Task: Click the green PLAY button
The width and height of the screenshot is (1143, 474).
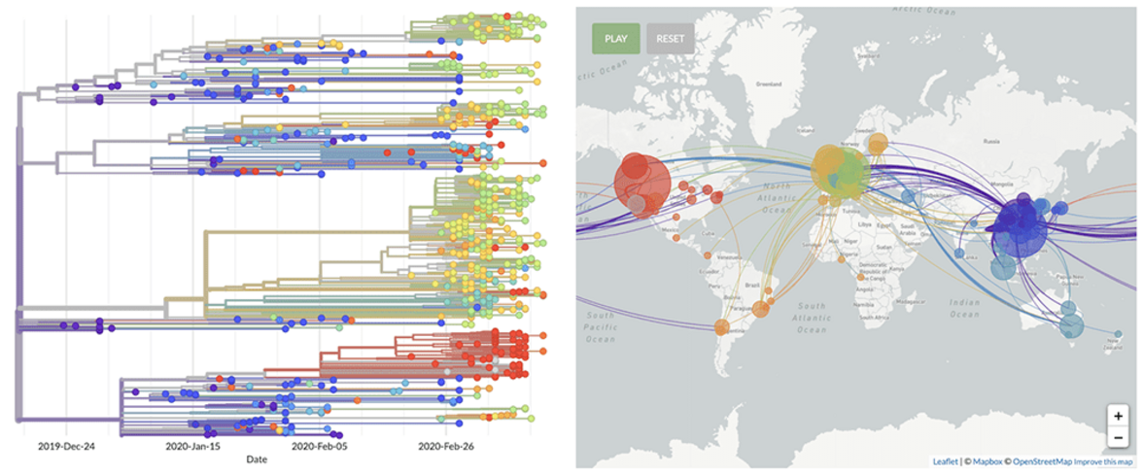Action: [x=615, y=39]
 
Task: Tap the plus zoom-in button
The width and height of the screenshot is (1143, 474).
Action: [x=1118, y=416]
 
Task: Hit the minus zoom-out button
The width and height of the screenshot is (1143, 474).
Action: [x=1118, y=437]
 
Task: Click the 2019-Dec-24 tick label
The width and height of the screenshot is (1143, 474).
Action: [x=65, y=447]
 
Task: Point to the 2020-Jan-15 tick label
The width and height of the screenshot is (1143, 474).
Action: [x=192, y=447]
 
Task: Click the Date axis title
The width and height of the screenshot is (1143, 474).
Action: [x=257, y=459]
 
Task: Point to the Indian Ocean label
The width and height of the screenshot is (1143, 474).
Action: [x=965, y=308]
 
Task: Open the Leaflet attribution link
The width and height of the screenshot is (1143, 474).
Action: [x=944, y=462]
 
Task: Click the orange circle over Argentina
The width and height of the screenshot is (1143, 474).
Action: [x=722, y=327]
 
